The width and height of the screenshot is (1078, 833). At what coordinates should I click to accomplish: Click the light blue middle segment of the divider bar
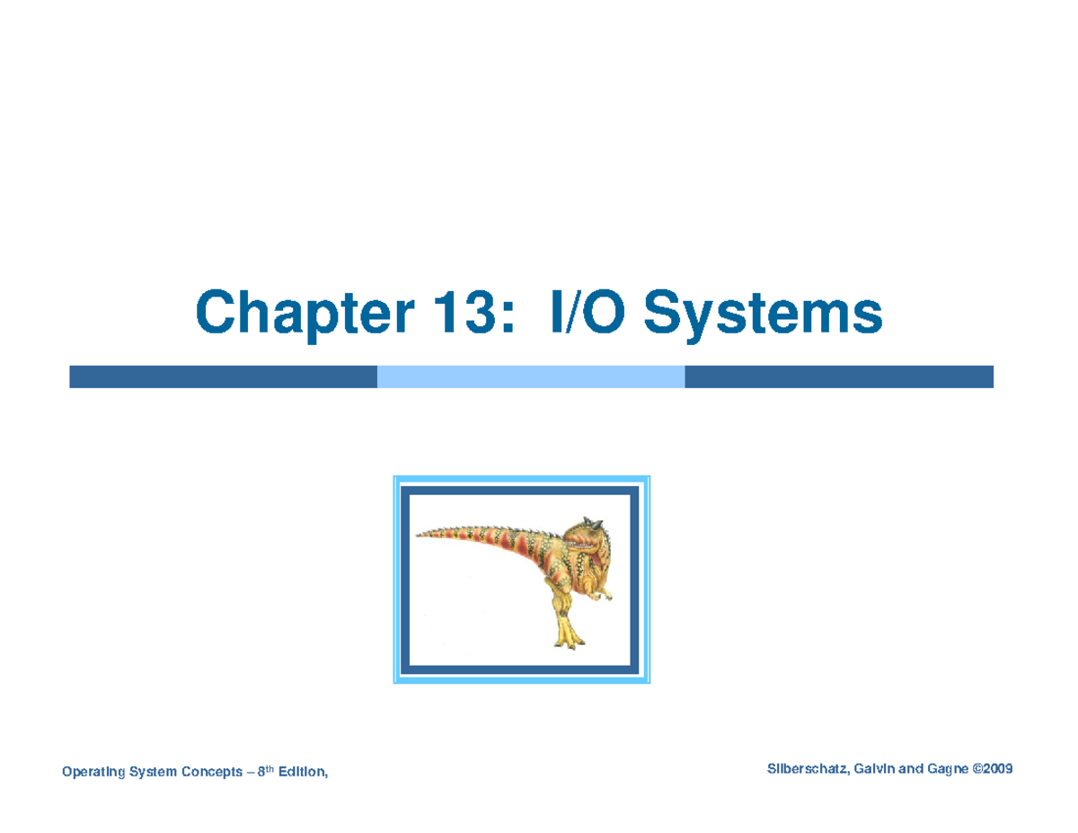coord(530,377)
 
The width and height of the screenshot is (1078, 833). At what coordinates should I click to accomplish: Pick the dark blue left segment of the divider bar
coord(223,377)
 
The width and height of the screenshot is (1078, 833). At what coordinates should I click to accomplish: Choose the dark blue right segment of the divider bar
coord(838,377)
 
